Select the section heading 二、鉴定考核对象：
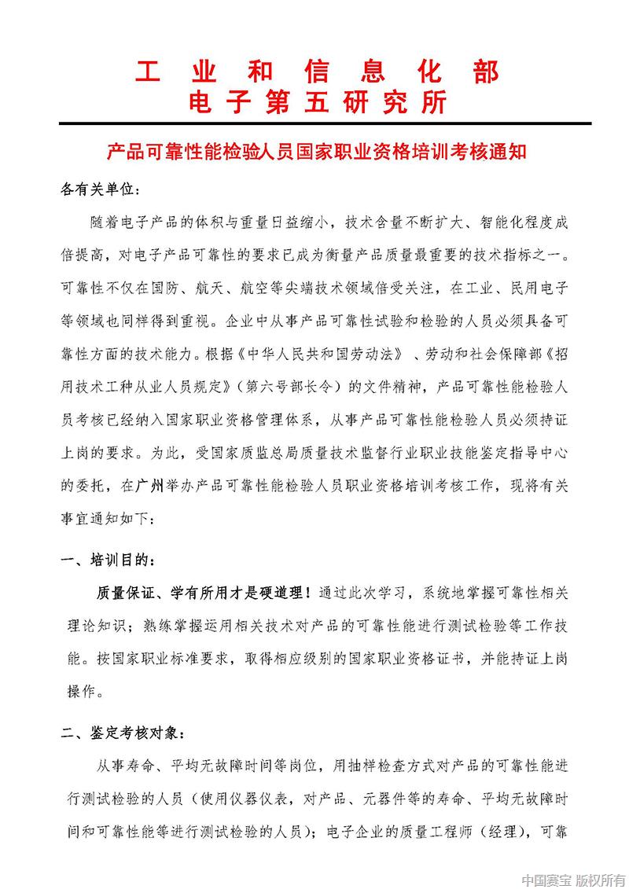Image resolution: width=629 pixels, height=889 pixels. [x=124, y=734]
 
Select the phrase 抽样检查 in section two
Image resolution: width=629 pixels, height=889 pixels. [x=373, y=765]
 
